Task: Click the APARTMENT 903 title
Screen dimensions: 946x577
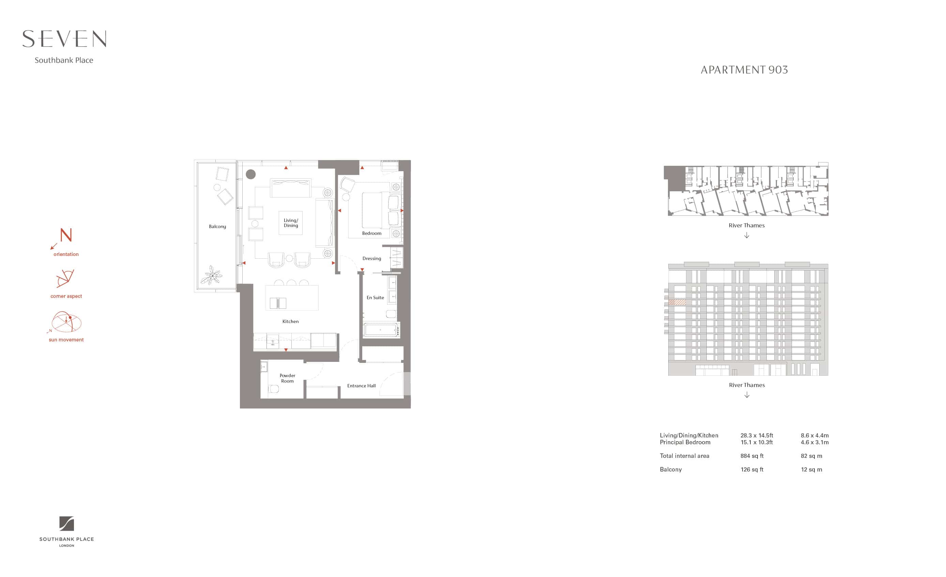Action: (x=744, y=70)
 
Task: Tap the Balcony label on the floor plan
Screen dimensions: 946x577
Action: (x=217, y=226)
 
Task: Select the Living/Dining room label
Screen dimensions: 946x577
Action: (x=291, y=223)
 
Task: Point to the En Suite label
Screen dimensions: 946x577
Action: (x=375, y=297)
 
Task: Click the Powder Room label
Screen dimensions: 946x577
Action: (x=287, y=378)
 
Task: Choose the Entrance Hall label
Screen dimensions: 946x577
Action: (x=361, y=386)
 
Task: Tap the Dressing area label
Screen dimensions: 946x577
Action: (x=372, y=258)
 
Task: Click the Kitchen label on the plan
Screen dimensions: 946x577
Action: (x=290, y=321)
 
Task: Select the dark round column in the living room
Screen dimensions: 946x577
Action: (x=251, y=174)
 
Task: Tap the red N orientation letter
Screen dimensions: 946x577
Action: (x=66, y=235)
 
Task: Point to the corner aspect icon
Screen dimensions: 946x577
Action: (x=65, y=278)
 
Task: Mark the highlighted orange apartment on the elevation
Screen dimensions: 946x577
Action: (x=677, y=302)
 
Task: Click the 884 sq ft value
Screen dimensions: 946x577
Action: (x=752, y=456)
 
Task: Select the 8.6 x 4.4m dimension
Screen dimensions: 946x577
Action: (x=815, y=435)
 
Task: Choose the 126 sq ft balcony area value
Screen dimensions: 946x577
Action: (x=752, y=469)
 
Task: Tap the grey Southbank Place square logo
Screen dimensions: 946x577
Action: (x=66, y=524)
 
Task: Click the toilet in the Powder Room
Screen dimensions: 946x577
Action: (x=273, y=389)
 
